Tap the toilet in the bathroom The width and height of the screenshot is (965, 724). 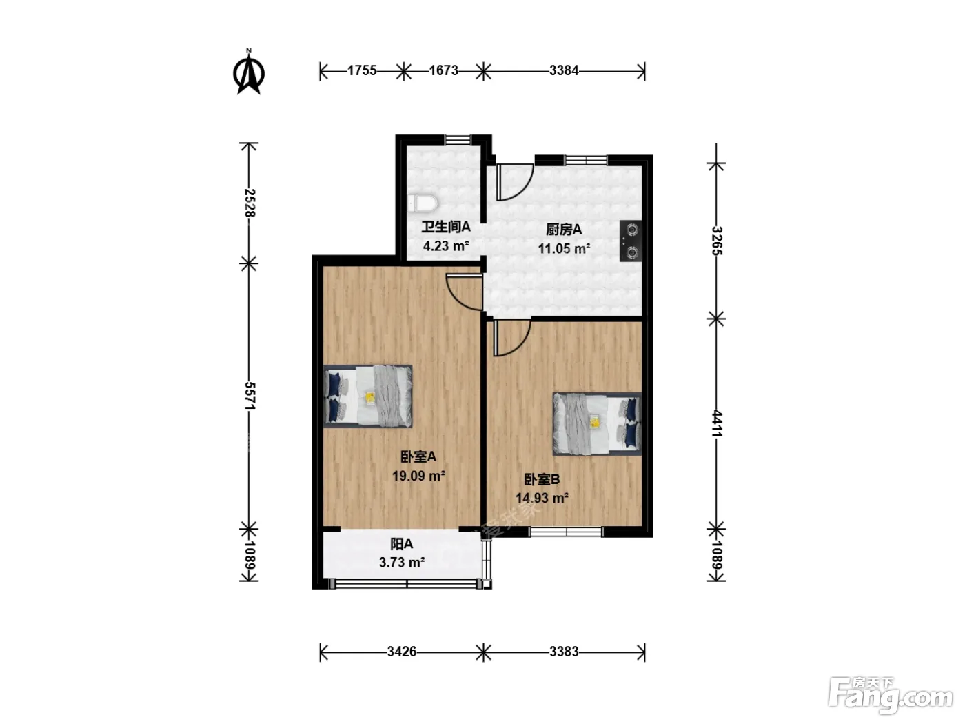click(x=423, y=203)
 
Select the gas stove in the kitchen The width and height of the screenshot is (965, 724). click(x=631, y=241)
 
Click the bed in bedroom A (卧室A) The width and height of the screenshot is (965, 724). click(x=368, y=396)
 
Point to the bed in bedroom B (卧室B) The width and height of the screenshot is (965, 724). click(x=597, y=424)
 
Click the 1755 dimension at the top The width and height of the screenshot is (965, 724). click(x=362, y=71)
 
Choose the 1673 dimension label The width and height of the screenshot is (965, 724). click(x=443, y=71)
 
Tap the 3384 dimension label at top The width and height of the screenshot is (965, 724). click(x=564, y=71)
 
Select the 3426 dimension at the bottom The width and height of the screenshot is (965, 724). click(x=401, y=652)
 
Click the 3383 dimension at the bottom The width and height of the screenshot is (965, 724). click(x=564, y=652)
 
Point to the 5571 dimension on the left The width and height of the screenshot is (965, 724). click(x=250, y=396)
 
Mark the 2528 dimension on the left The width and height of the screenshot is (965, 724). click(x=250, y=203)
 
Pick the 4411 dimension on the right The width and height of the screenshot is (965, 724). click(x=717, y=423)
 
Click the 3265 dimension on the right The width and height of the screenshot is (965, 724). click(x=717, y=241)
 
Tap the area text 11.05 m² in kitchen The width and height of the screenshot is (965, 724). click(x=564, y=249)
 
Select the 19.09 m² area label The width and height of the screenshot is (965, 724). click(x=418, y=476)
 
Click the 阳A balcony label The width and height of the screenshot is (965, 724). click(x=401, y=544)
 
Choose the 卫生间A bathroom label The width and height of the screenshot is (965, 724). click(x=446, y=227)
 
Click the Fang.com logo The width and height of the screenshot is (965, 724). click(x=891, y=695)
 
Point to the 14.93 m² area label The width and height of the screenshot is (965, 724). click(x=542, y=498)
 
